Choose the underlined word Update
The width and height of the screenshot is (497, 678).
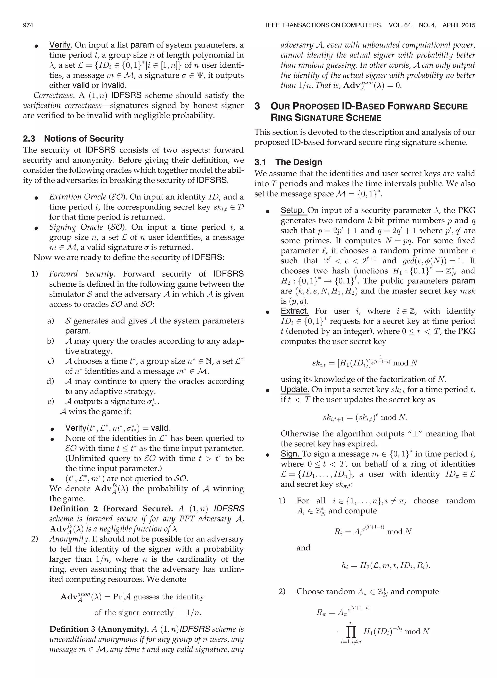point(295,389)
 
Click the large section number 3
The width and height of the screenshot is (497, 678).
point(257,106)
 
